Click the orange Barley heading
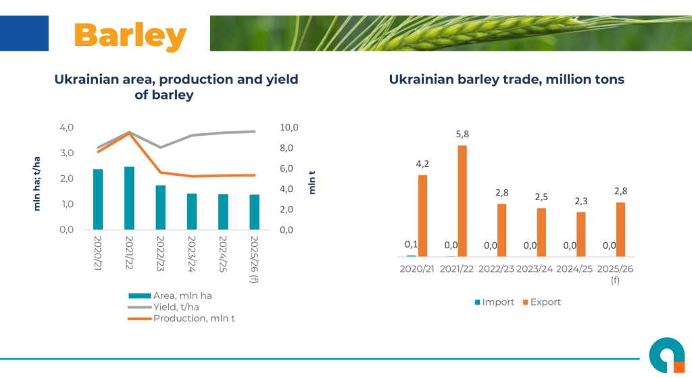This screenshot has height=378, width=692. (x=130, y=34)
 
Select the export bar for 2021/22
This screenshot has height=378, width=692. (x=462, y=201)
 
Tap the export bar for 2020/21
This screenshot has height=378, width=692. (x=422, y=216)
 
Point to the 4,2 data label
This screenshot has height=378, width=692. (x=422, y=164)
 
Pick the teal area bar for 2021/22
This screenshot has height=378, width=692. (x=129, y=198)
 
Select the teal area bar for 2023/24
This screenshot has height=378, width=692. (x=192, y=212)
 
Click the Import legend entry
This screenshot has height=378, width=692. (x=494, y=302)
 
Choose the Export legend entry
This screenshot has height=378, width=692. (x=541, y=302)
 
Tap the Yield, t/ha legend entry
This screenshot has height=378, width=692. (x=172, y=306)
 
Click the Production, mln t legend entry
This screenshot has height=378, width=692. (x=187, y=318)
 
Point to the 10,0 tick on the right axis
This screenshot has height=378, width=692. (x=289, y=127)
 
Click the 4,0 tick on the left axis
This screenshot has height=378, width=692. (x=66, y=127)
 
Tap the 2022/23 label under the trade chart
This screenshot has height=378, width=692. (x=496, y=268)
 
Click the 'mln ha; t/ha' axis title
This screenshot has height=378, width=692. (x=37, y=183)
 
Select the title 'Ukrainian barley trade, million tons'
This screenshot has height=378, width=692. (x=506, y=79)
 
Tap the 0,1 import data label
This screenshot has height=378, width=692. (x=411, y=244)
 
